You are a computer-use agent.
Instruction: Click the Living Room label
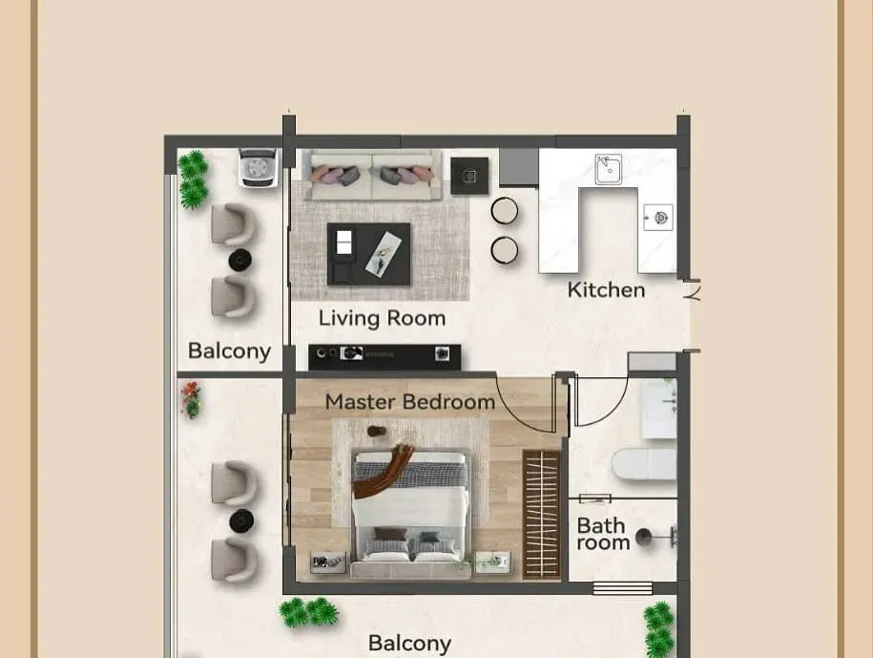coord(382,318)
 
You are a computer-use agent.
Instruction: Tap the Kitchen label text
coord(606,289)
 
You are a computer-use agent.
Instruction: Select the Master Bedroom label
coord(409,401)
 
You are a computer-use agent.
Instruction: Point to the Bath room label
coord(603,534)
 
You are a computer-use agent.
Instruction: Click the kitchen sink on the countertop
coord(608,169)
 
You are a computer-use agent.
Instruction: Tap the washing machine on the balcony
coord(259,168)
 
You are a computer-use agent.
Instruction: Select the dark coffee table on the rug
coord(368,254)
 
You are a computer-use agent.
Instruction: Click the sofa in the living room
coord(371,175)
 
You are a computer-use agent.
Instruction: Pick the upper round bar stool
coord(505,211)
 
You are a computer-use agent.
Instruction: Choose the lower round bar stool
coord(505,249)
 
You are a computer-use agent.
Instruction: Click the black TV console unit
coord(385,356)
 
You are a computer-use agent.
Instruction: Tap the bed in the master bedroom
coord(411,513)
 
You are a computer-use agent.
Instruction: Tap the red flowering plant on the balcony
coord(191,399)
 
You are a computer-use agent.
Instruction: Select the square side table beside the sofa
coord(469,176)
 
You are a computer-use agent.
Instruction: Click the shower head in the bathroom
coord(644,537)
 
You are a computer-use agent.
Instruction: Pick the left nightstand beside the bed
coord(328,562)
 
